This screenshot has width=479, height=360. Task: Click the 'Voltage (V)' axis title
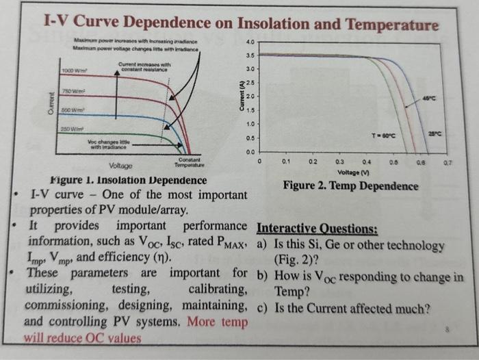(x=354, y=172)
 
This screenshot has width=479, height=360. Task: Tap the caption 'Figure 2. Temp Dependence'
(x=350, y=186)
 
